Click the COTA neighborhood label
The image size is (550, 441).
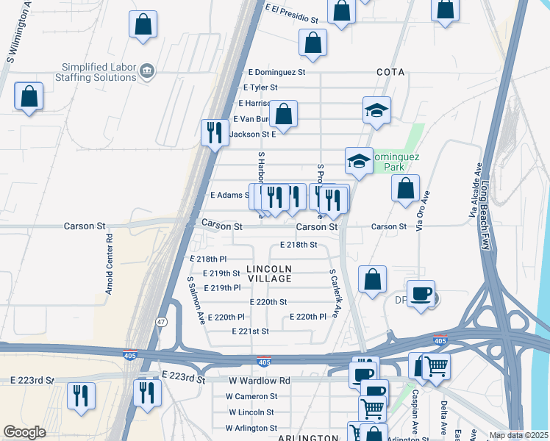tap(390, 72)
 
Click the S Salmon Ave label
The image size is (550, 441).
tap(195, 300)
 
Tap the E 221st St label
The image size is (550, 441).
tap(250, 331)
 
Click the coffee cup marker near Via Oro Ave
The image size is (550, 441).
tap(421, 293)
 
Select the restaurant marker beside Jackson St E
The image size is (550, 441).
tap(215, 132)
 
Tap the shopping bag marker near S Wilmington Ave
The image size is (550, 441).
tap(29, 96)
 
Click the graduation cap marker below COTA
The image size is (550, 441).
tap(376, 110)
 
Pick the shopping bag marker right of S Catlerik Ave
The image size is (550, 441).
tap(373, 279)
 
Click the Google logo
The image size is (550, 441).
tap(24, 432)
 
